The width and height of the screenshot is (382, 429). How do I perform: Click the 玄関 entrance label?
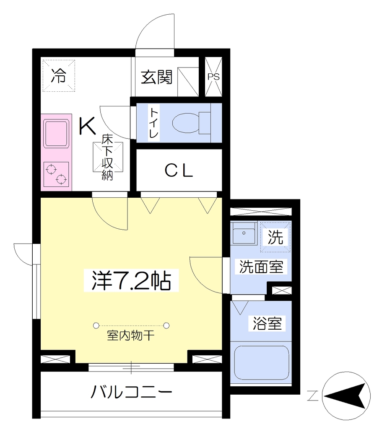157,77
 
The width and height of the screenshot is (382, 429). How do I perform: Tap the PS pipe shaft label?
213,77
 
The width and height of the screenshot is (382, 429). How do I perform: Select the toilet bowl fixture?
191,123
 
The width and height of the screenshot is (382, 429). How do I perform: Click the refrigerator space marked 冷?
59,76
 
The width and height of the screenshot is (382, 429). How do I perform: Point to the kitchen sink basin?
56,134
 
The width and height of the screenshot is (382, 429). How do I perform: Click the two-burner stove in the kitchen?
56,174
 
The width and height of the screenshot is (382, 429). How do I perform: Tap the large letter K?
87,126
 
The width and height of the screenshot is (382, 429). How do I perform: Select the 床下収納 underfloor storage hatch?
107,158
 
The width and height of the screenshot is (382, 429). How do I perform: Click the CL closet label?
179,171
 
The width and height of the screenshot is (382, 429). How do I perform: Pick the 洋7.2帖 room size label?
131,281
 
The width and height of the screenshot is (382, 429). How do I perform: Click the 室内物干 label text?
131,336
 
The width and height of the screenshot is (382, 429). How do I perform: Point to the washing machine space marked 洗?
275,237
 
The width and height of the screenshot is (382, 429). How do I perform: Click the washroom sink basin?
244,233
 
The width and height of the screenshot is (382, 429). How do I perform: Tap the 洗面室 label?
261,266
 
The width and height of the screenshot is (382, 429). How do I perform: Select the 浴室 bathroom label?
267,323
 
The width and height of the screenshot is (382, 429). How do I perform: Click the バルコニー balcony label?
131,392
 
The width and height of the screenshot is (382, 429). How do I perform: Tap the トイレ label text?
153,123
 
